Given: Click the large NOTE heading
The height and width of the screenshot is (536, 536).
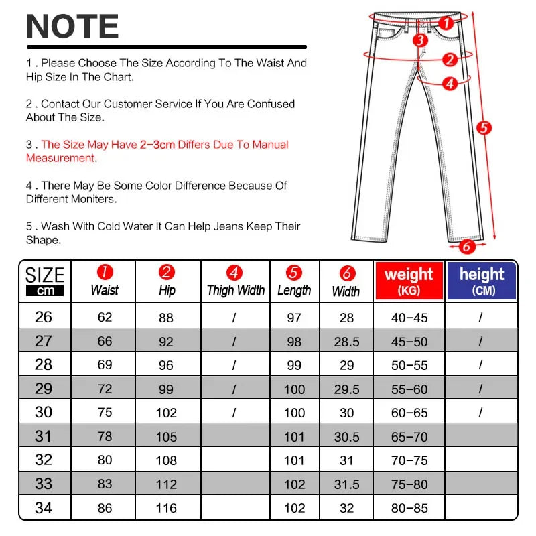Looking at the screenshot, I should pos(72,27).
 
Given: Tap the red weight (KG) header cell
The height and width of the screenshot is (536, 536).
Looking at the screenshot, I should pos(409,280).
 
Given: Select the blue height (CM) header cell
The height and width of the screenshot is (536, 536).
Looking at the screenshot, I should pos(482,280).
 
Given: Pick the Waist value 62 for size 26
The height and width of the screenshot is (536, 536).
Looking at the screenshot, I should pos(105,317).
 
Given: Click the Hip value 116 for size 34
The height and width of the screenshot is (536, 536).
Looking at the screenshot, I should pos(166,509).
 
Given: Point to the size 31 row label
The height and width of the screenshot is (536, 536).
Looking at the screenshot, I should pos(44,436).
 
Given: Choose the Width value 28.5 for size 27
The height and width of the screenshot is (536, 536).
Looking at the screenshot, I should pos(346,342).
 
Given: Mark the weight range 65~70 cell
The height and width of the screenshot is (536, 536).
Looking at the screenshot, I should pos(409,437).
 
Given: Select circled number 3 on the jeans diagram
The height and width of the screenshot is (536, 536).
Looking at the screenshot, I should pos(420,40).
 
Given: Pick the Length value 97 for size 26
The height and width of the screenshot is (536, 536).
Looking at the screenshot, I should pos(294,318).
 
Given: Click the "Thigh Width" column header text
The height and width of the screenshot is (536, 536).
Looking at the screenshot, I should pos(235,291).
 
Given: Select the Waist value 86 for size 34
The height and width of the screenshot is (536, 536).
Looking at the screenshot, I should pos(105,509).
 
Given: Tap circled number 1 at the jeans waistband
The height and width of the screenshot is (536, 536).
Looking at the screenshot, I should pos(448,23).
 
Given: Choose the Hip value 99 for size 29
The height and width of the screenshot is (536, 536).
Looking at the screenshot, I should pos(166,389).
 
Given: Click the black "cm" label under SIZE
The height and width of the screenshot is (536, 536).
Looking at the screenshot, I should pos(44,291).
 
